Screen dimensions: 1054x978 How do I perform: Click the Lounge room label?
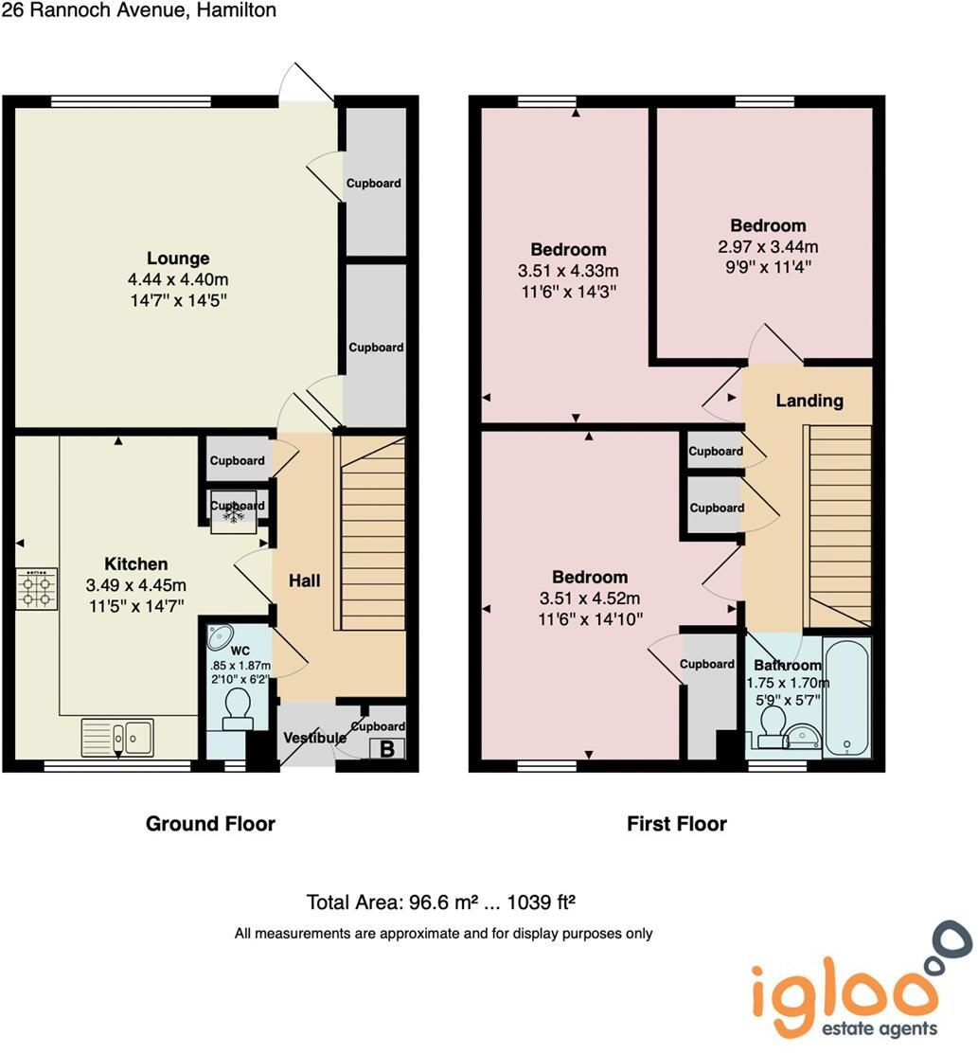pyautogui.click(x=178, y=259)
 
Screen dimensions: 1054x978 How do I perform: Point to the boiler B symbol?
pyautogui.click(x=386, y=749)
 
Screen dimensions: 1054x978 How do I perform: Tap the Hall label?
pyautogui.click(x=304, y=581)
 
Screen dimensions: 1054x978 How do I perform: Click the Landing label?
pyautogui.click(x=809, y=401)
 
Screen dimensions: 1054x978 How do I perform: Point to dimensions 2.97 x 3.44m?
pyautogui.click(x=768, y=246)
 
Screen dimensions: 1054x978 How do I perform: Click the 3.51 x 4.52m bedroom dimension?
pyautogui.click(x=590, y=598)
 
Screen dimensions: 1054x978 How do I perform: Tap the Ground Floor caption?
pyautogui.click(x=210, y=824)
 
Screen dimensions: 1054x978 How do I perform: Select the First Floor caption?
pyautogui.click(x=677, y=824)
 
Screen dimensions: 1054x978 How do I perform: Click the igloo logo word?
pyautogui.click(x=839, y=990)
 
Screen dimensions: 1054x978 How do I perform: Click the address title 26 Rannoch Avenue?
pyautogui.click(x=139, y=11)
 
